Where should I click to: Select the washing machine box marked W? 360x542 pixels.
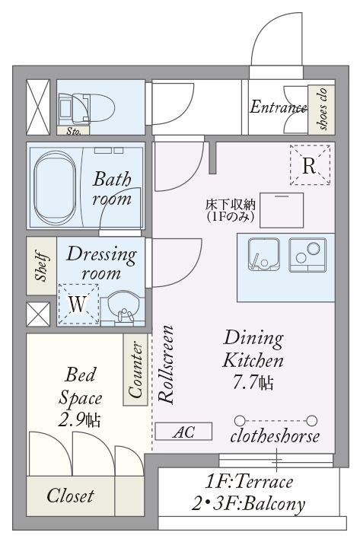pyautogui.click(x=78, y=304)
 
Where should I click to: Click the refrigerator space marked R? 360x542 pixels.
pyautogui.click(x=310, y=165)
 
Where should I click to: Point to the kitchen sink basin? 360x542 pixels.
pyautogui.click(x=264, y=254)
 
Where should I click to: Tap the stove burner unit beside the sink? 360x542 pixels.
pyautogui.click(x=307, y=254)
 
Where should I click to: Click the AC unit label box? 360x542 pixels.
pyautogui.click(x=183, y=432)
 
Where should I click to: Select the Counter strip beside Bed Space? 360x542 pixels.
pyautogui.click(x=135, y=369)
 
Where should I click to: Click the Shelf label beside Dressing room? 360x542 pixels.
pyautogui.click(x=41, y=266)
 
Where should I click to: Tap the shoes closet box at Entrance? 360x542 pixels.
pyautogui.click(x=321, y=110)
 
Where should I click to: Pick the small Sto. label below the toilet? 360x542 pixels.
pyautogui.click(x=73, y=131)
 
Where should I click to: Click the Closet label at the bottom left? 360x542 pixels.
pyautogui.click(x=71, y=496)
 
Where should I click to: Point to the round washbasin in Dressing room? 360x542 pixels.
pyautogui.click(x=123, y=306)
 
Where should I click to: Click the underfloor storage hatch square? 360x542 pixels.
pyautogui.click(x=282, y=210)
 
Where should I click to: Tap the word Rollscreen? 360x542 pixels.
pyautogui.click(x=166, y=365)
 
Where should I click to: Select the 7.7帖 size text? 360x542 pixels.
pyautogui.click(x=253, y=382)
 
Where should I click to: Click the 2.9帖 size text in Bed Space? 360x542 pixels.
pyautogui.click(x=79, y=420)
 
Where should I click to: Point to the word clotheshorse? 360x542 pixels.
pyautogui.click(x=275, y=436)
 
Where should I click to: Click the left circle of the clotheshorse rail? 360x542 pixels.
pyautogui.click(x=240, y=421)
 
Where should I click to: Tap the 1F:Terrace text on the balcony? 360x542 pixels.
pyautogui.click(x=249, y=482)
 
